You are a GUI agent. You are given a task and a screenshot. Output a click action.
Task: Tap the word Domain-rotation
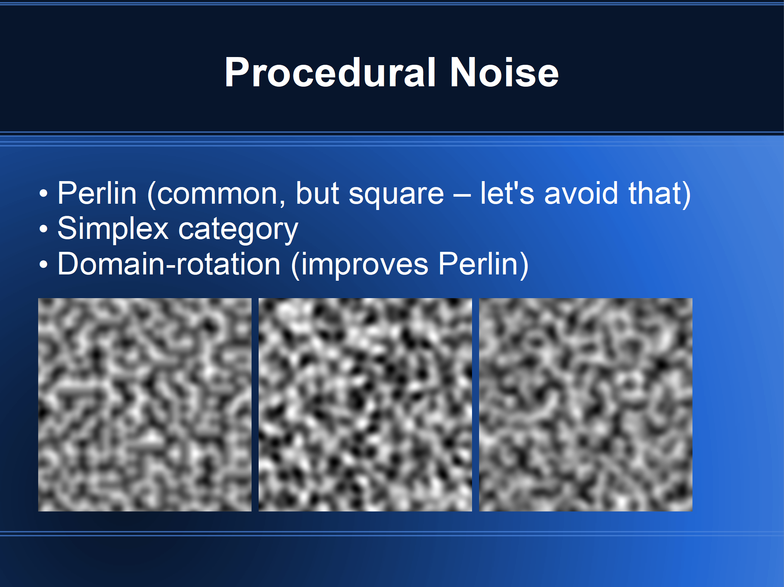pos(169,264)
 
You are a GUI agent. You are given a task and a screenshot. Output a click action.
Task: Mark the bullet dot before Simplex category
pos(44,229)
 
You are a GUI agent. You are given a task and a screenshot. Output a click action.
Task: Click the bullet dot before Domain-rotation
pos(44,264)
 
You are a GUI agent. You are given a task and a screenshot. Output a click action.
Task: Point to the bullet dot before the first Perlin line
pos(44,193)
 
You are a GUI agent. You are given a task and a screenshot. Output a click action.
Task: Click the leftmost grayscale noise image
pos(145,405)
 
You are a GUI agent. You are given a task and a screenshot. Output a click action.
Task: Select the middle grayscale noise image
pos(365,405)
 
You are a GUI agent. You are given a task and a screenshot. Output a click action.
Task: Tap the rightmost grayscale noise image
pos(586,405)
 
